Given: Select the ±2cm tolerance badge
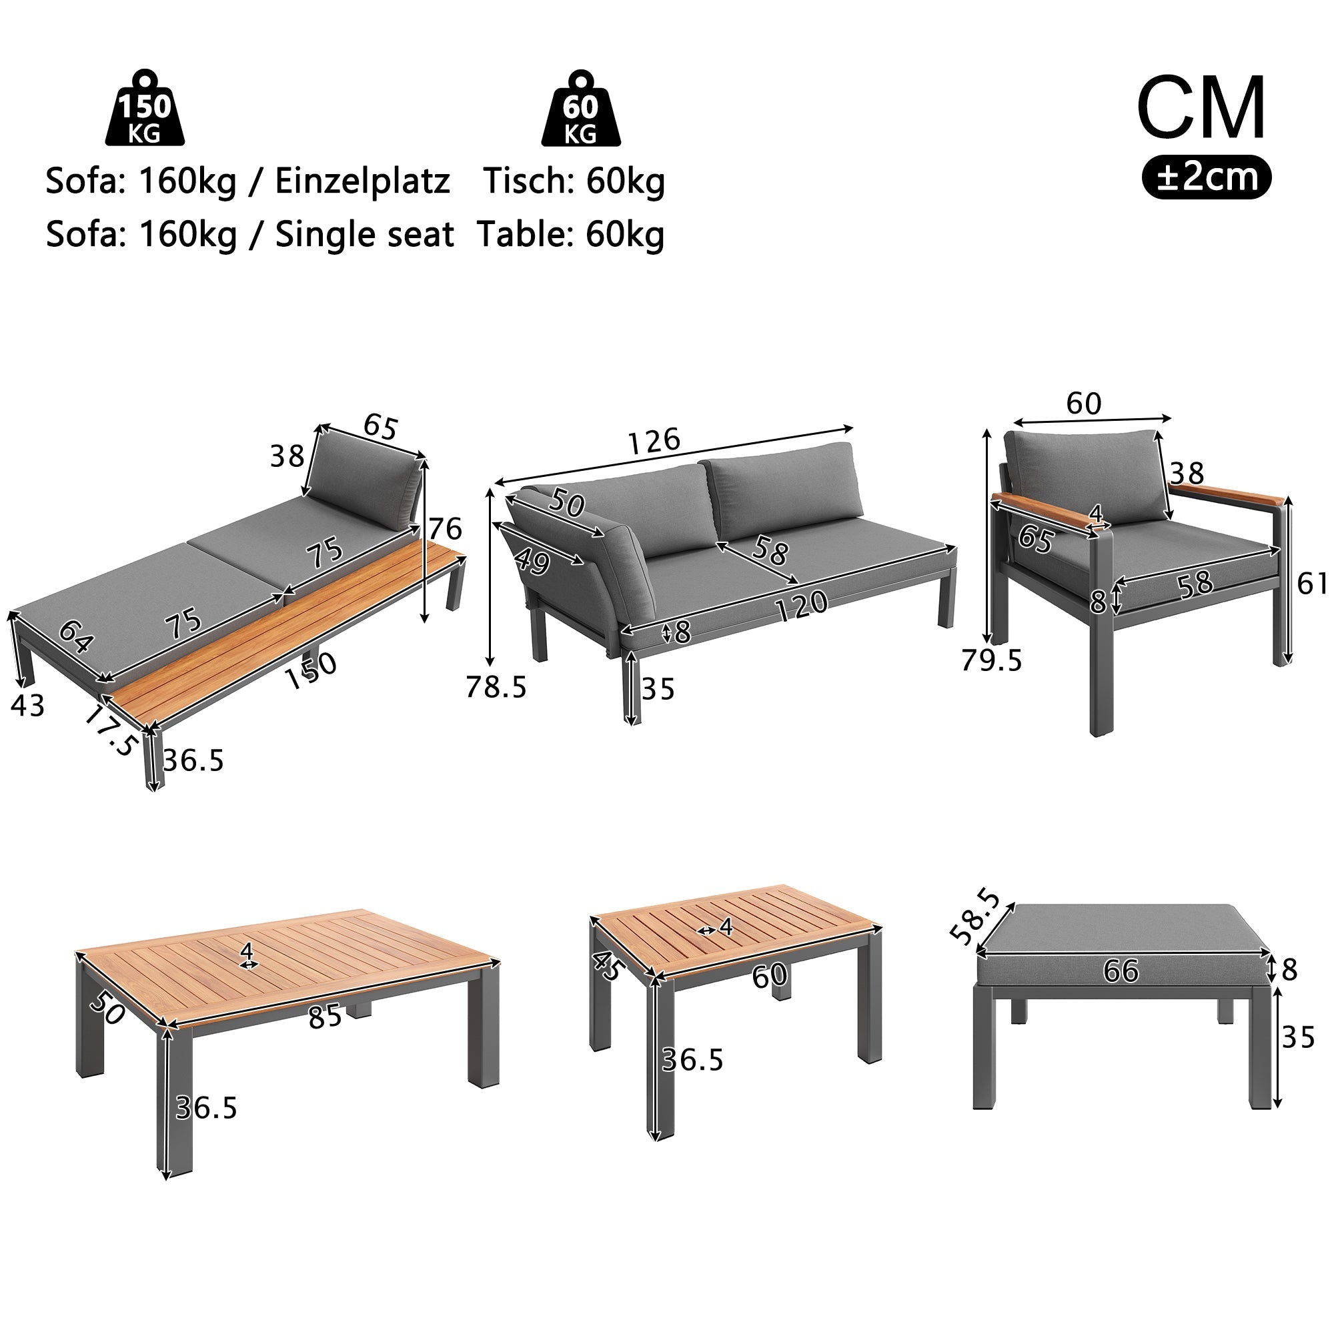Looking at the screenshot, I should pyautogui.click(x=1205, y=177).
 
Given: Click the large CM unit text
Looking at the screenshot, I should pyautogui.click(x=1201, y=109).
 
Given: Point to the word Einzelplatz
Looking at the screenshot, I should pyautogui.click(x=362, y=181).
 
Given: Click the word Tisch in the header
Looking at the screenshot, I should pyautogui.click(x=526, y=181).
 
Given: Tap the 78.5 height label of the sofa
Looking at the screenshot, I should pyautogui.click(x=496, y=687).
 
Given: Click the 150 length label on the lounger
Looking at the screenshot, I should pyautogui.click(x=311, y=669).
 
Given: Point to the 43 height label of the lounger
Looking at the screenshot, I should pyautogui.click(x=27, y=706).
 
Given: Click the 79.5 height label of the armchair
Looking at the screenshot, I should pyautogui.click(x=991, y=661).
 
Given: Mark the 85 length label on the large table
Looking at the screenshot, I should pyautogui.click(x=325, y=1017).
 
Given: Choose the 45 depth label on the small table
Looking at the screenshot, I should pyautogui.click(x=608, y=965).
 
